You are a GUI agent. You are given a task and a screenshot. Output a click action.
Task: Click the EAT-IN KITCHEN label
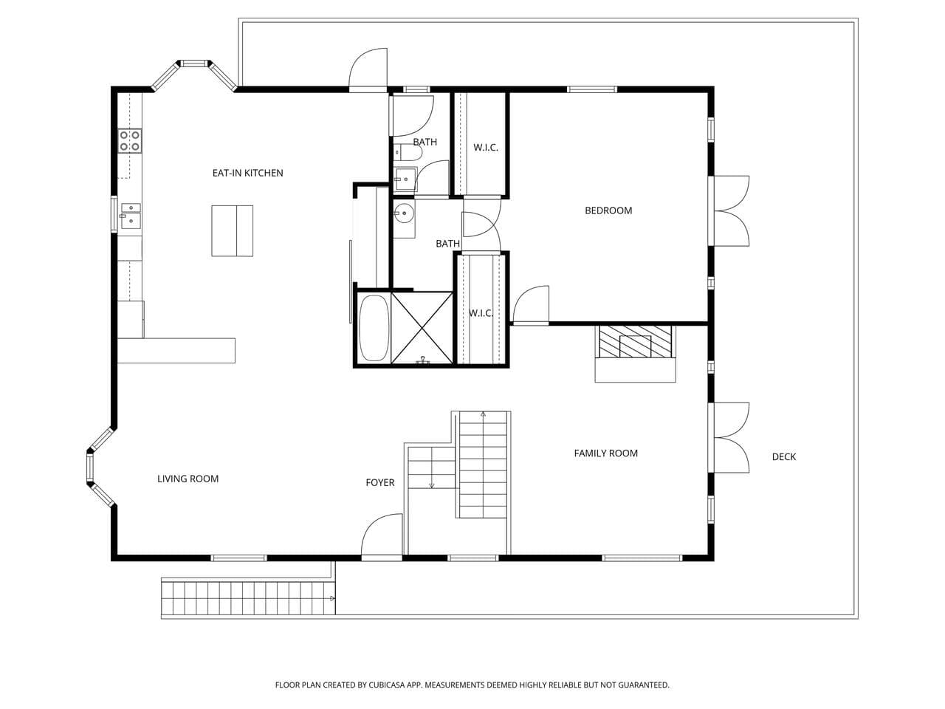pos(247,173)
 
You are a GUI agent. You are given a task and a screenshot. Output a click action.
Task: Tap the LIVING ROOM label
pos(188,479)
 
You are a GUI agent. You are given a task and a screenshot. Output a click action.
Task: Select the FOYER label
pos(379,482)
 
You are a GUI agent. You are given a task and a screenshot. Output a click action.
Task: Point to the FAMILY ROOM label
pos(605,453)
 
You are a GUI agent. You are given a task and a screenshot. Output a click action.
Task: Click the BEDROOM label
pos(608,210)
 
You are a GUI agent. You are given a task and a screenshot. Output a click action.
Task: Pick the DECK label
pos(783,456)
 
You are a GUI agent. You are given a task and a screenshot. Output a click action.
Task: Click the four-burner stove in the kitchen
pos(130,141)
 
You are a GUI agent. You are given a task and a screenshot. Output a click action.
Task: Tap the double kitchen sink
pos(131,216)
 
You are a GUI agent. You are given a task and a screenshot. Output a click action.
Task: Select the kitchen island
pos(232,230)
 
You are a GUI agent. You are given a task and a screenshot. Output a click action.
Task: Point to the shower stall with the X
pos(422,328)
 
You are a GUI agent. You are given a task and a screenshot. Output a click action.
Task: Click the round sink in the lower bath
pos(404,213)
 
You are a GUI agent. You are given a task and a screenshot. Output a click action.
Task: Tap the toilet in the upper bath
pos(408,152)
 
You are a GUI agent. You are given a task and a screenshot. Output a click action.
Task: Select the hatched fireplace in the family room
pos(636,342)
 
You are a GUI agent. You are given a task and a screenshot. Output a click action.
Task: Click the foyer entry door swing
pos(382,535)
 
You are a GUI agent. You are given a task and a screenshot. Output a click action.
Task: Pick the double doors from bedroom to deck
pos(732,211)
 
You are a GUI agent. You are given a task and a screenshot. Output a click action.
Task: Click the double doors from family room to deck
pos(732,438)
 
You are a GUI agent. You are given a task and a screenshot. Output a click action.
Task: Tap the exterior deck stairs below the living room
pos(248,598)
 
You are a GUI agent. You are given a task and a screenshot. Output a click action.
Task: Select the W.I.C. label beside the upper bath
pos(486,148)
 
